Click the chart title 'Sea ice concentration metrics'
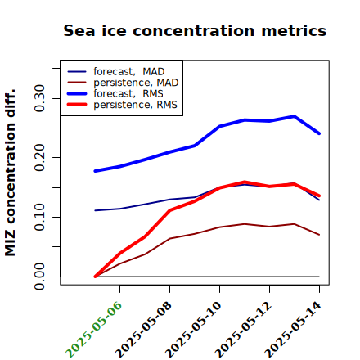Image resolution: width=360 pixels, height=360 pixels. tap(195, 30)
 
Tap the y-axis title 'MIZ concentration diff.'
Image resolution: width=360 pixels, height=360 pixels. tap(10, 173)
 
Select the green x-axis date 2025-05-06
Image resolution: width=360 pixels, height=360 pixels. tap(93, 330)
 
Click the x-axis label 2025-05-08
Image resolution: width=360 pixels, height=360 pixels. tap(143, 330)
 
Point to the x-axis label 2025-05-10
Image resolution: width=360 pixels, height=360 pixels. tap(193, 330)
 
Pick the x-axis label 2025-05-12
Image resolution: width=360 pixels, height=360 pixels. tap(243, 330)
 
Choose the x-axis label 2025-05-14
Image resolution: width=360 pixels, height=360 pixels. tap(293, 330)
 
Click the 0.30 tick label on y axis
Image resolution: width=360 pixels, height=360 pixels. tap(39, 98)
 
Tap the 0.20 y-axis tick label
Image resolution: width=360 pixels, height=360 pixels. tap(39, 158)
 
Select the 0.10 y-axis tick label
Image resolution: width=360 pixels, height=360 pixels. tap(39, 217)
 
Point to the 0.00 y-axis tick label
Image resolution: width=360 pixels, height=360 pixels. tap(39, 277)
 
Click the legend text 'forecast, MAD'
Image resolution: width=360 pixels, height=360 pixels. tap(129, 72)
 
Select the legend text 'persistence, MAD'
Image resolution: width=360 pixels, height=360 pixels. tap(136, 83)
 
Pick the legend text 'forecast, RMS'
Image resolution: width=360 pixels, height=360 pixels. tap(128, 93)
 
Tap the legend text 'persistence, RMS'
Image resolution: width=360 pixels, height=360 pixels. tap(135, 105)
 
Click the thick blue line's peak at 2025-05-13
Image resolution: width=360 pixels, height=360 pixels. tap(295, 116)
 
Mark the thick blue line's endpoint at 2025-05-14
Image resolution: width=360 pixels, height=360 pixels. tap(319, 133)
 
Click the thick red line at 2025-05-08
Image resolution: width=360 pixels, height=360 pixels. tap(170, 210)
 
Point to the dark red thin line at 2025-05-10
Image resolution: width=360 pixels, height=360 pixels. tap(220, 227)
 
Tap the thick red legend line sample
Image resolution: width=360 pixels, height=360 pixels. tap(77, 105)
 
